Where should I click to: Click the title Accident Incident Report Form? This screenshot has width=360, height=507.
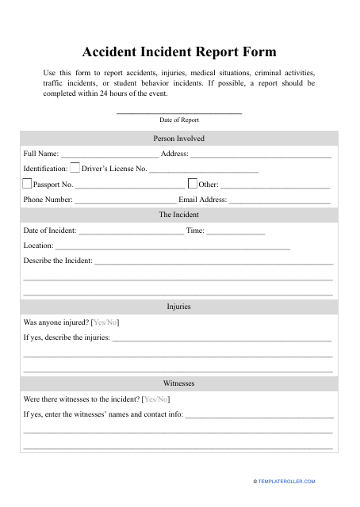[x=179, y=52]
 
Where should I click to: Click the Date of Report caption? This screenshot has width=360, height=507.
[x=179, y=120]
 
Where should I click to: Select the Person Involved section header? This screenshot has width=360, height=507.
[x=179, y=138]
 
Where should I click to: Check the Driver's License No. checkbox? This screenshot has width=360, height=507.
[x=75, y=168]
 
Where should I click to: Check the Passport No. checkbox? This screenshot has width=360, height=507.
[x=27, y=184]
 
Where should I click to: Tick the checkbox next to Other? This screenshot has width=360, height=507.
[x=192, y=184]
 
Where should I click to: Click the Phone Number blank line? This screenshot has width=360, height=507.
[x=124, y=201]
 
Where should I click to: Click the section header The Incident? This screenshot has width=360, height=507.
[x=179, y=215]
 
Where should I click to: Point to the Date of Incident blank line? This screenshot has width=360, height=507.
[x=131, y=232]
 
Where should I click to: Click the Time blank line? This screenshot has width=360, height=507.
[x=236, y=232]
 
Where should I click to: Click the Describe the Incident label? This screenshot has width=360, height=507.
[x=58, y=261]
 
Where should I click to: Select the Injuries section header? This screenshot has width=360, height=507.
[x=179, y=307]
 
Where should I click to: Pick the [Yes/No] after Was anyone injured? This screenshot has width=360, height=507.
[x=105, y=322]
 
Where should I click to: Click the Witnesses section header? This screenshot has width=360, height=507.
[x=179, y=383]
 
